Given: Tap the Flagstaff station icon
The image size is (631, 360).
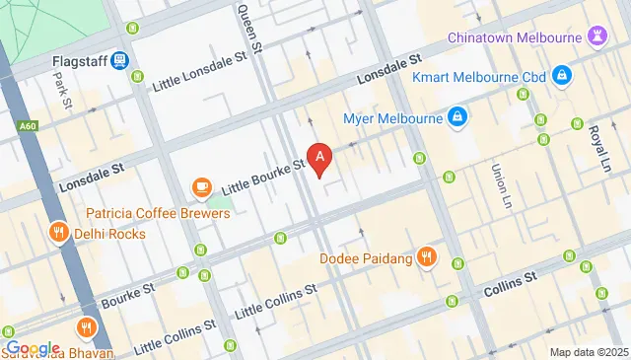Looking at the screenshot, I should pos(119,61).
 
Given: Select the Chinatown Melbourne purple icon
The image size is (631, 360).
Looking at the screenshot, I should pos(597,37).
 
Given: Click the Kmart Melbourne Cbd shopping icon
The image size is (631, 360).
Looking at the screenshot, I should pos(561,74).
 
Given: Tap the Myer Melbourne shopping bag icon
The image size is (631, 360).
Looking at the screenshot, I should pos(456,119).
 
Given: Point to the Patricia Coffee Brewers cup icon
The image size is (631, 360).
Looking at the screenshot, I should pos(201,186).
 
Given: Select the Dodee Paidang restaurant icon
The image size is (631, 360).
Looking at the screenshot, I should pos(426,258).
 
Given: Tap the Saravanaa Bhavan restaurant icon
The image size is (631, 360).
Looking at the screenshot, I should pos(88,328).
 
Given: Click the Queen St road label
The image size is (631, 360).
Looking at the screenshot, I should pos(249,27).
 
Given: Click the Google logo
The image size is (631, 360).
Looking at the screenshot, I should pos(34,348).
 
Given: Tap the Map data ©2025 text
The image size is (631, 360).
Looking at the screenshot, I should pos(588,352).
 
